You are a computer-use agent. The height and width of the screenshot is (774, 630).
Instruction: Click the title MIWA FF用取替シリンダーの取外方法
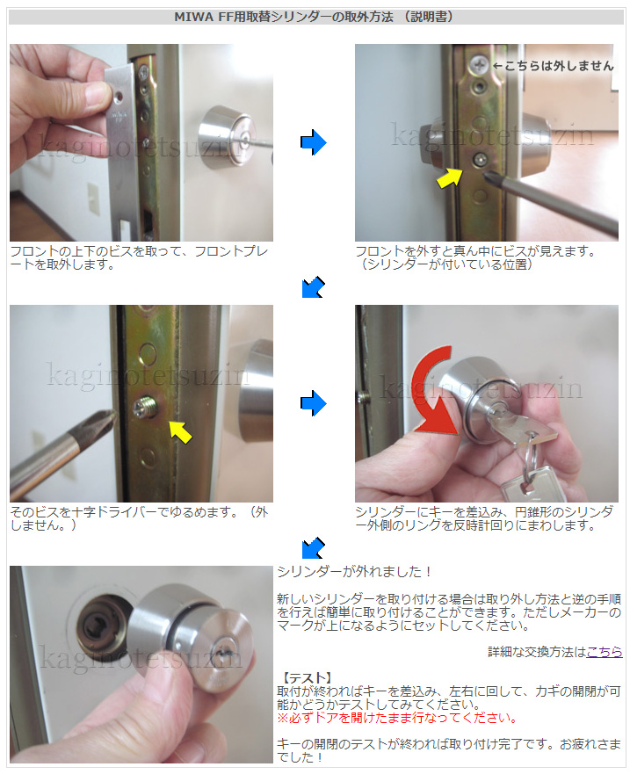(284, 17)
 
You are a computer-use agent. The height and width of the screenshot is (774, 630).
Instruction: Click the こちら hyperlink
(604, 652)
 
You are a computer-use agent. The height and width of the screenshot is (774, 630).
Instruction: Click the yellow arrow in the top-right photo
(449, 177)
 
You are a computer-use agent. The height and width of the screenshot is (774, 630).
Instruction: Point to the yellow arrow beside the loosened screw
(180, 431)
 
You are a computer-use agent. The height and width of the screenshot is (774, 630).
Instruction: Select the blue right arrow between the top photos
(313, 142)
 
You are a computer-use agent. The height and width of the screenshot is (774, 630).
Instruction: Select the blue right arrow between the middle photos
(313, 403)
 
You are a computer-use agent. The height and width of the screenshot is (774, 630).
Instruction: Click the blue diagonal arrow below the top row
(313, 287)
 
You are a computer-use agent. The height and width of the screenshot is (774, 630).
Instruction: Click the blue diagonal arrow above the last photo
(313, 548)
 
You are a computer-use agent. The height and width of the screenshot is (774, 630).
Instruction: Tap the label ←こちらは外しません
(553, 66)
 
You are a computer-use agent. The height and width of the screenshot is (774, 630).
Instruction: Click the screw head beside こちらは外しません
(478, 63)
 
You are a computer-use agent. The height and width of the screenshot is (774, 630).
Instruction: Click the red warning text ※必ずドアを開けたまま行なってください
(397, 717)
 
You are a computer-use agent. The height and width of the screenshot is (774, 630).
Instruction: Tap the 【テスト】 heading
(306, 677)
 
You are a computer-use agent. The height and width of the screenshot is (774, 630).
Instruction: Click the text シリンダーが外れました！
(354, 572)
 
